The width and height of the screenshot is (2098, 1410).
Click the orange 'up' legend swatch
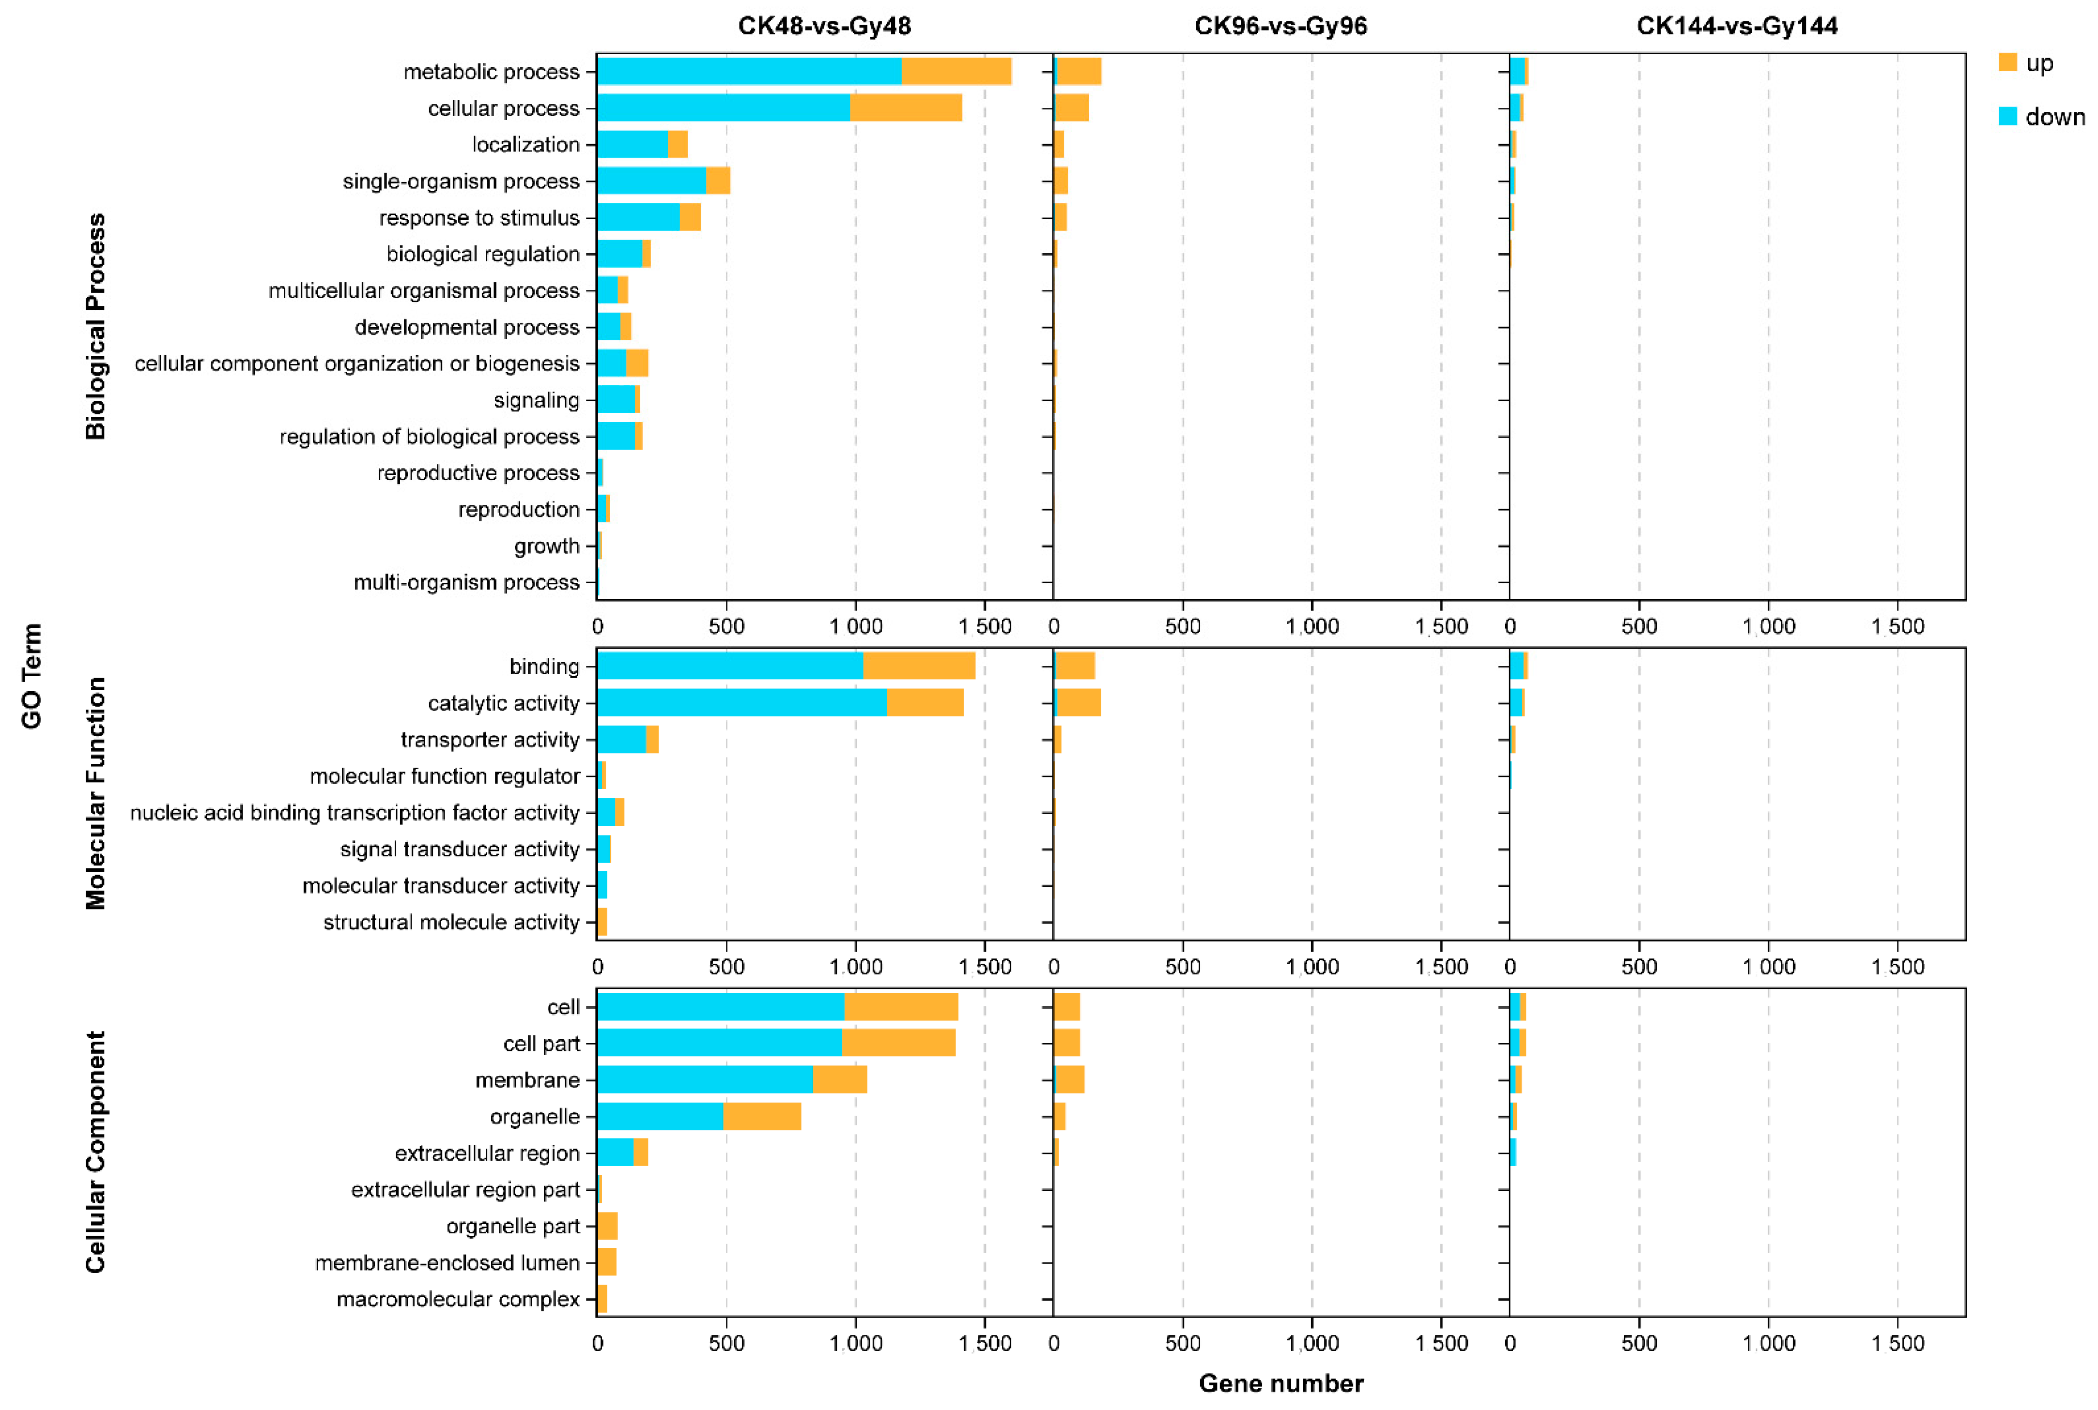pos(2007,62)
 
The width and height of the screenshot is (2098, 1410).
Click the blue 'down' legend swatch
pos(2007,116)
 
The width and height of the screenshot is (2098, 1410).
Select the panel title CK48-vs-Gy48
pos(824,25)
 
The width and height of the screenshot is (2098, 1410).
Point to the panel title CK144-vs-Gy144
pos(1736,25)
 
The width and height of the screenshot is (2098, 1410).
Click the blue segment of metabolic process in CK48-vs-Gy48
pos(749,71)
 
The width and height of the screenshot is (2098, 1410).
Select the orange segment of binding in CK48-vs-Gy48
pos(919,667)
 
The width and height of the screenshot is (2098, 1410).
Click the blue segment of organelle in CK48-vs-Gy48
pos(660,1116)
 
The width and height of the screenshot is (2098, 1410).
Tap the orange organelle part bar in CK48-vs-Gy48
pos(607,1226)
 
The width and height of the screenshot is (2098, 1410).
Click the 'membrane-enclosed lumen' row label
pos(447,1262)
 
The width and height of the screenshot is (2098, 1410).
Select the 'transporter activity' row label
pos(490,739)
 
